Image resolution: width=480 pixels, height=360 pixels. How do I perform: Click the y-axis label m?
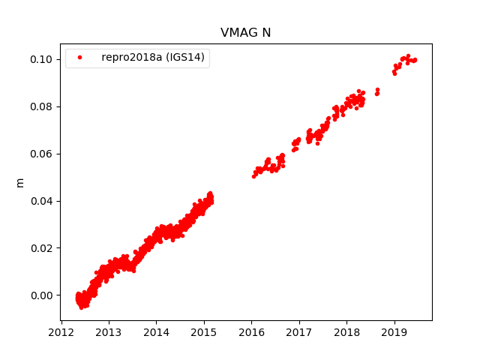pos(20,182)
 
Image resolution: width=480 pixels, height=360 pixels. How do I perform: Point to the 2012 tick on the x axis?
pos(61,331)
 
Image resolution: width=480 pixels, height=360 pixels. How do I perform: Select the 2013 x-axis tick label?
pos(108,331)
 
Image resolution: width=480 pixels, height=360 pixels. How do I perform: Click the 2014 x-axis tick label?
pos(156,331)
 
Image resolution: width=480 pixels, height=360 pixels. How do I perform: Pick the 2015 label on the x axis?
pos(203,331)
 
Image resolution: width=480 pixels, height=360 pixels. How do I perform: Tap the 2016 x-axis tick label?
pos(251,331)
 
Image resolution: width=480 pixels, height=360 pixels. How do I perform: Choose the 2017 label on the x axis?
pos(298,331)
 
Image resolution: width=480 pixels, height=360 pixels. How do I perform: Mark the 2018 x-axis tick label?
pos(346,331)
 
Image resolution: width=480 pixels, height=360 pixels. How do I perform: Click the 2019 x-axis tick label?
pos(394,331)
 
